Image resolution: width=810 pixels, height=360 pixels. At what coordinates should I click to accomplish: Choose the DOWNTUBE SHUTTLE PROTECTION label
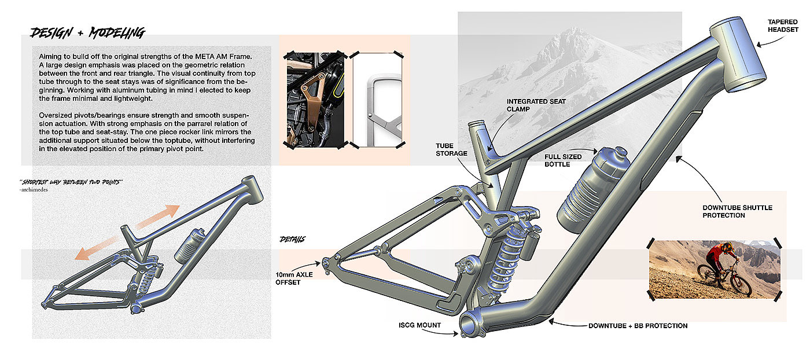(x=737, y=211)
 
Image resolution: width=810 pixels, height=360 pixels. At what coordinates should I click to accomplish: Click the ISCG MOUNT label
(x=420, y=325)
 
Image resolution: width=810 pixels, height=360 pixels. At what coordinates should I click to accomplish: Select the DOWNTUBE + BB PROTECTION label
(x=638, y=326)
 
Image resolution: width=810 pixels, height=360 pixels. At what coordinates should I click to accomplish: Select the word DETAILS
(x=293, y=239)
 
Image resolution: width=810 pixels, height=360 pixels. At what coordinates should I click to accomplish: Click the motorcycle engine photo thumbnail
(x=312, y=100)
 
